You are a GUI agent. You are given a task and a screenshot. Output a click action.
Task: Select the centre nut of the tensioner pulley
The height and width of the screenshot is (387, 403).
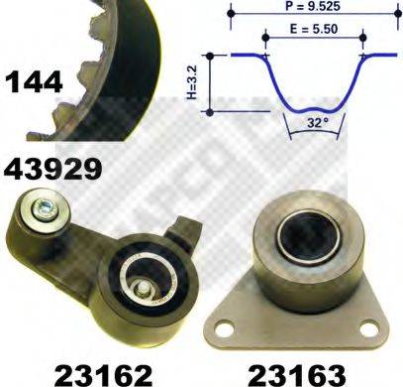point(145,289)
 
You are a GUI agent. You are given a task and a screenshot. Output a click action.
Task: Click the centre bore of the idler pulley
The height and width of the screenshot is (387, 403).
point(299,237)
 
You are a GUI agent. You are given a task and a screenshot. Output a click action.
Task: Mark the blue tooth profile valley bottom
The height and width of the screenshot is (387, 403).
point(313,104)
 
